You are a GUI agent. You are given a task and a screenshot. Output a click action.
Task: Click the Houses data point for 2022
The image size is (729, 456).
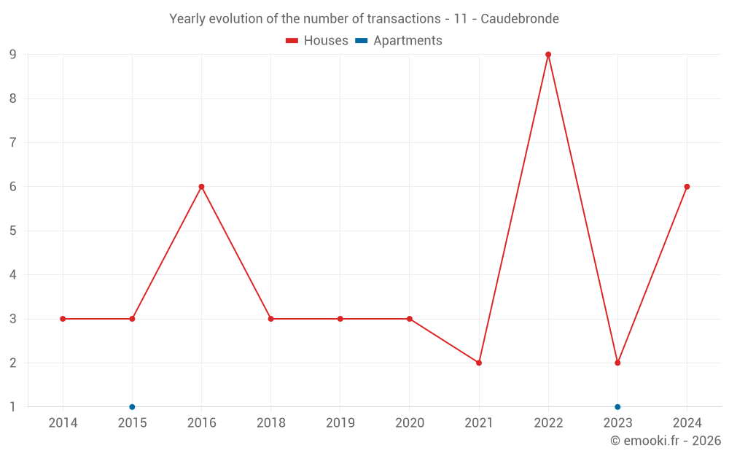click(x=548, y=55)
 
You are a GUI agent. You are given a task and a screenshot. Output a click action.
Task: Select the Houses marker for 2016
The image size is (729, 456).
click(x=201, y=187)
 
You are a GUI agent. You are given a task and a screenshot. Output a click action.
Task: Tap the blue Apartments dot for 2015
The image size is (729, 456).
click(x=132, y=407)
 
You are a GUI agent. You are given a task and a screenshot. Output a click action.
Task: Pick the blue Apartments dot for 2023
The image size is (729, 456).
click(x=617, y=407)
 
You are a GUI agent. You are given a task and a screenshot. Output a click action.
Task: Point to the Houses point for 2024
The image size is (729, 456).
click(x=687, y=187)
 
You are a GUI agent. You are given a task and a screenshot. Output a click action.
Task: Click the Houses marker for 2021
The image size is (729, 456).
click(x=479, y=363)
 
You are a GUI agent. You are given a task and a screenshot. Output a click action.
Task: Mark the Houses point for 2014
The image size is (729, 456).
click(x=63, y=319)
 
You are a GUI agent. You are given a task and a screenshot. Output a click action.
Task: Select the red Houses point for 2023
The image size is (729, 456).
click(x=617, y=363)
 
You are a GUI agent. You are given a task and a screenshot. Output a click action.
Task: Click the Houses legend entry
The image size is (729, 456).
click(x=317, y=41)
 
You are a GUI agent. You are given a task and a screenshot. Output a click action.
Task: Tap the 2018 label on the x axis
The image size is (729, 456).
click(x=270, y=423)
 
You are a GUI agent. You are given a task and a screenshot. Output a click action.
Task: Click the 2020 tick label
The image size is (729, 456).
click(x=409, y=423)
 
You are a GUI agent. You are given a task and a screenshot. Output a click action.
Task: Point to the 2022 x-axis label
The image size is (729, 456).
click(x=548, y=423)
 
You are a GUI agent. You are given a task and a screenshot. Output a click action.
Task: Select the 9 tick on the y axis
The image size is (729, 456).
click(x=13, y=55)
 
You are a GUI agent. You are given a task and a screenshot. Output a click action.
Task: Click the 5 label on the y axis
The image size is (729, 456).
click(x=13, y=231)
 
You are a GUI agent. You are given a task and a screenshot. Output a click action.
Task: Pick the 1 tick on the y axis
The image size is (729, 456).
click(x=13, y=407)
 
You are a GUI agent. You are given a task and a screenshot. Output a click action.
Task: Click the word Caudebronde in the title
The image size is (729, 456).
click(x=520, y=19)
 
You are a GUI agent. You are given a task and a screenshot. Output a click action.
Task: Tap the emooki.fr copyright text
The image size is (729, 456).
click(x=666, y=441)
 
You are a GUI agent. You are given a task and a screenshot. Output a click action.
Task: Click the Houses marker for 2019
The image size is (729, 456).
click(x=340, y=319)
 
